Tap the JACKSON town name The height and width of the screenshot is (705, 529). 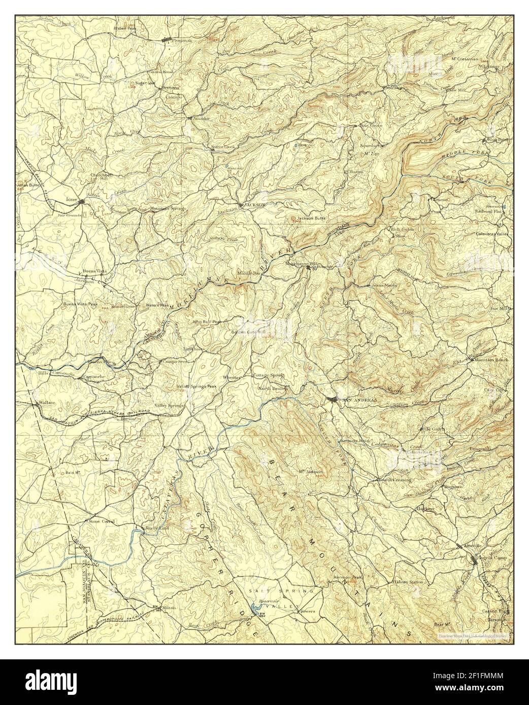click(255, 204)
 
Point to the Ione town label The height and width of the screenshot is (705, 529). click(72, 199)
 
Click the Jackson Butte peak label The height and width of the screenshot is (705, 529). click(311, 218)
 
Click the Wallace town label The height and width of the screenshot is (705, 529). click(47, 402)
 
